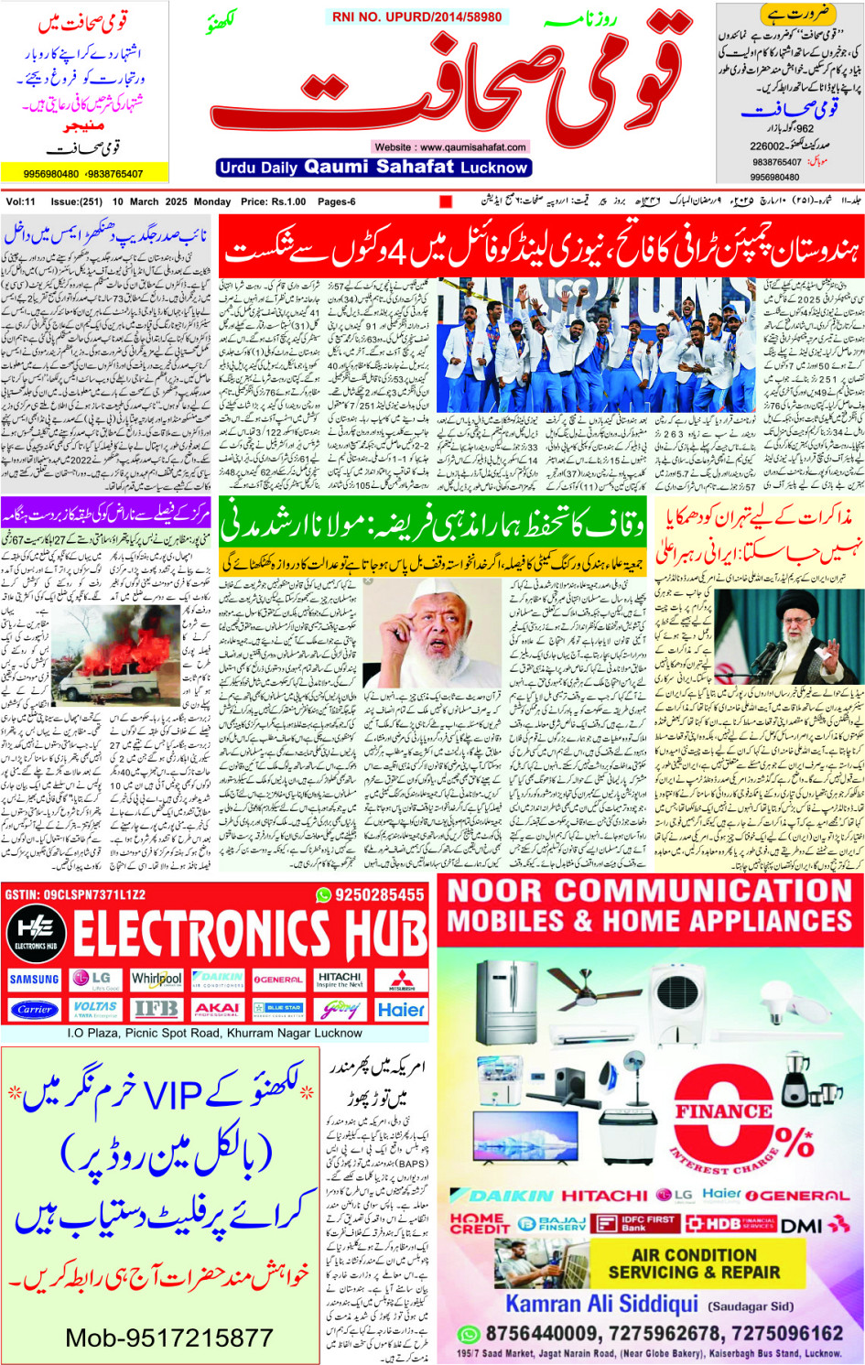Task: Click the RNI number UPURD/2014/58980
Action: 416,16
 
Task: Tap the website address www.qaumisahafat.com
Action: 450,146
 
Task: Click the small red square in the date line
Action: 446,201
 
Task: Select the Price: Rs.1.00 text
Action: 274,201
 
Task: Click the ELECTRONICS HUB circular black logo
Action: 36,934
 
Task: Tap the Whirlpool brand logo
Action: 157,980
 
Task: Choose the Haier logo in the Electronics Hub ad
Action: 401,1010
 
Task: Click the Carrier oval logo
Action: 34,1010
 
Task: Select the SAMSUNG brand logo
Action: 34,980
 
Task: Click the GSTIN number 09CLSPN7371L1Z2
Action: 75,894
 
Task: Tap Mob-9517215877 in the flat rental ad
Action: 169,1338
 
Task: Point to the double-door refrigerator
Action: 506,1000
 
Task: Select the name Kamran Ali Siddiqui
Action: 601,1304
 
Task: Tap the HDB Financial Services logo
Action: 730,1223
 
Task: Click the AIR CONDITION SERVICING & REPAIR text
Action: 694,1263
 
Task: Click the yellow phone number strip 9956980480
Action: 84,173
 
